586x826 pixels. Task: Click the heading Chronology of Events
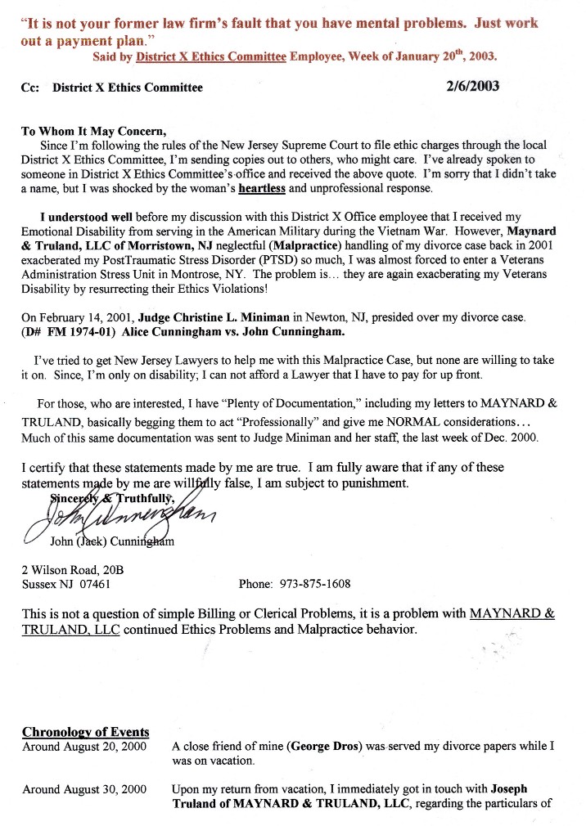85,731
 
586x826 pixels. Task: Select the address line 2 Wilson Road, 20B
73,569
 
